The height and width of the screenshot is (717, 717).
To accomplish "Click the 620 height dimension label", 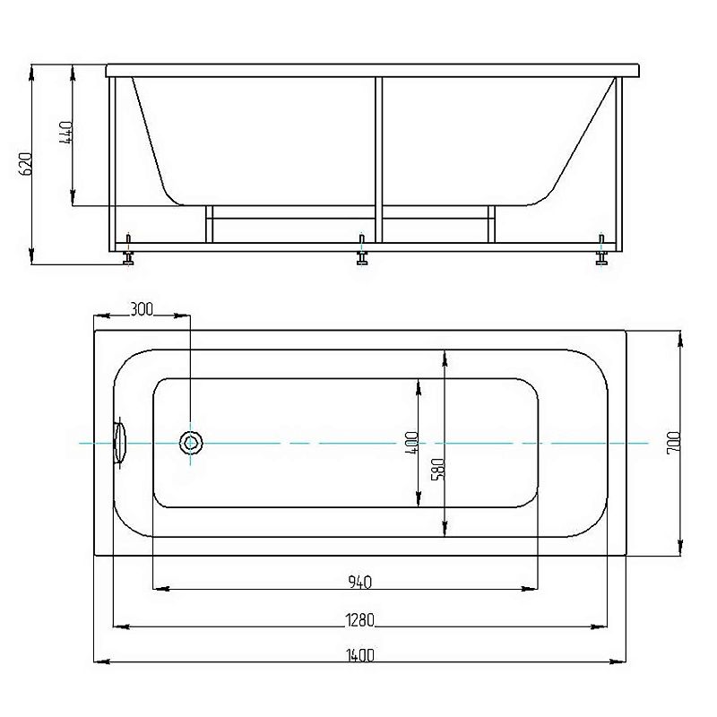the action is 26,164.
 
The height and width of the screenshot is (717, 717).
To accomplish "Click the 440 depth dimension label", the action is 65,133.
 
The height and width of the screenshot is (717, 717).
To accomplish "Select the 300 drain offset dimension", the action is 142,309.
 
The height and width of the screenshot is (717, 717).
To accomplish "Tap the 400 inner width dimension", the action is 411,442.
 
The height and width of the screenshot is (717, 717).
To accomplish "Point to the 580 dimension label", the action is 437,470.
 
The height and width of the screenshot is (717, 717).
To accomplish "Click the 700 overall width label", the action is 674,442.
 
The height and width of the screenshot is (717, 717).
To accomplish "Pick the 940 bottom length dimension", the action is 360,582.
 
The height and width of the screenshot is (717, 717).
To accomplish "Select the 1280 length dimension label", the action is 360,620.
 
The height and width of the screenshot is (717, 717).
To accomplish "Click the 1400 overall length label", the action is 360,656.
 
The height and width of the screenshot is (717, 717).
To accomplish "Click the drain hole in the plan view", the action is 190,443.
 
